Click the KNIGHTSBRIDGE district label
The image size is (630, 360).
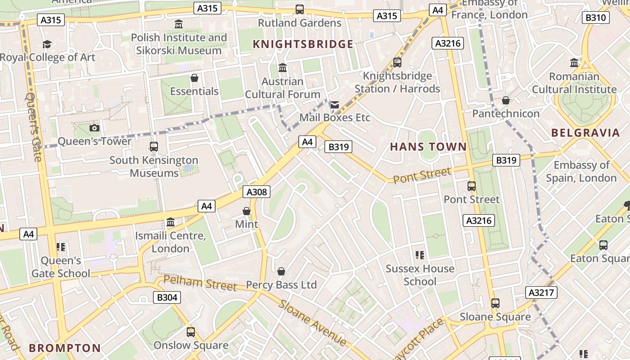(x=303, y=44)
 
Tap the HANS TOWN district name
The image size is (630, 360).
(x=428, y=147)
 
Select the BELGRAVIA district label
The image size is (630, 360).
(x=585, y=133)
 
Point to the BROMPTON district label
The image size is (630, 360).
(x=65, y=348)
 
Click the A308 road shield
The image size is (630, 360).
(x=257, y=192)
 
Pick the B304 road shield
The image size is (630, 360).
(x=167, y=297)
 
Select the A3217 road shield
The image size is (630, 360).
(x=541, y=292)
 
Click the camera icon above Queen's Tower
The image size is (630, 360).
(x=94, y=128)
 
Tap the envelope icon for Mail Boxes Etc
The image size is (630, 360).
(x=334, y=105)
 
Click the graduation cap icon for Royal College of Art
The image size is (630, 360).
(x=47, y=44)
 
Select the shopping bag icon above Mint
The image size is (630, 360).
(x=247, y=211)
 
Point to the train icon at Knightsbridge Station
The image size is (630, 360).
(x=397, y=63)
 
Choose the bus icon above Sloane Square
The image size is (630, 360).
(x=495, y=303)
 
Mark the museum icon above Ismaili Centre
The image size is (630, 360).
(x=171, y=222)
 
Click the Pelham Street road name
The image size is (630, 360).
(x=200, y=283)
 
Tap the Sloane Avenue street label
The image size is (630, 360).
(x=312, y=323)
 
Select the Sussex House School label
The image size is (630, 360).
(x=420, y=275)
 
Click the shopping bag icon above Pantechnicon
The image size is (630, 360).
(x=506, y=100)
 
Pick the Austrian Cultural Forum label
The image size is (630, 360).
(x=283, y=88)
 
